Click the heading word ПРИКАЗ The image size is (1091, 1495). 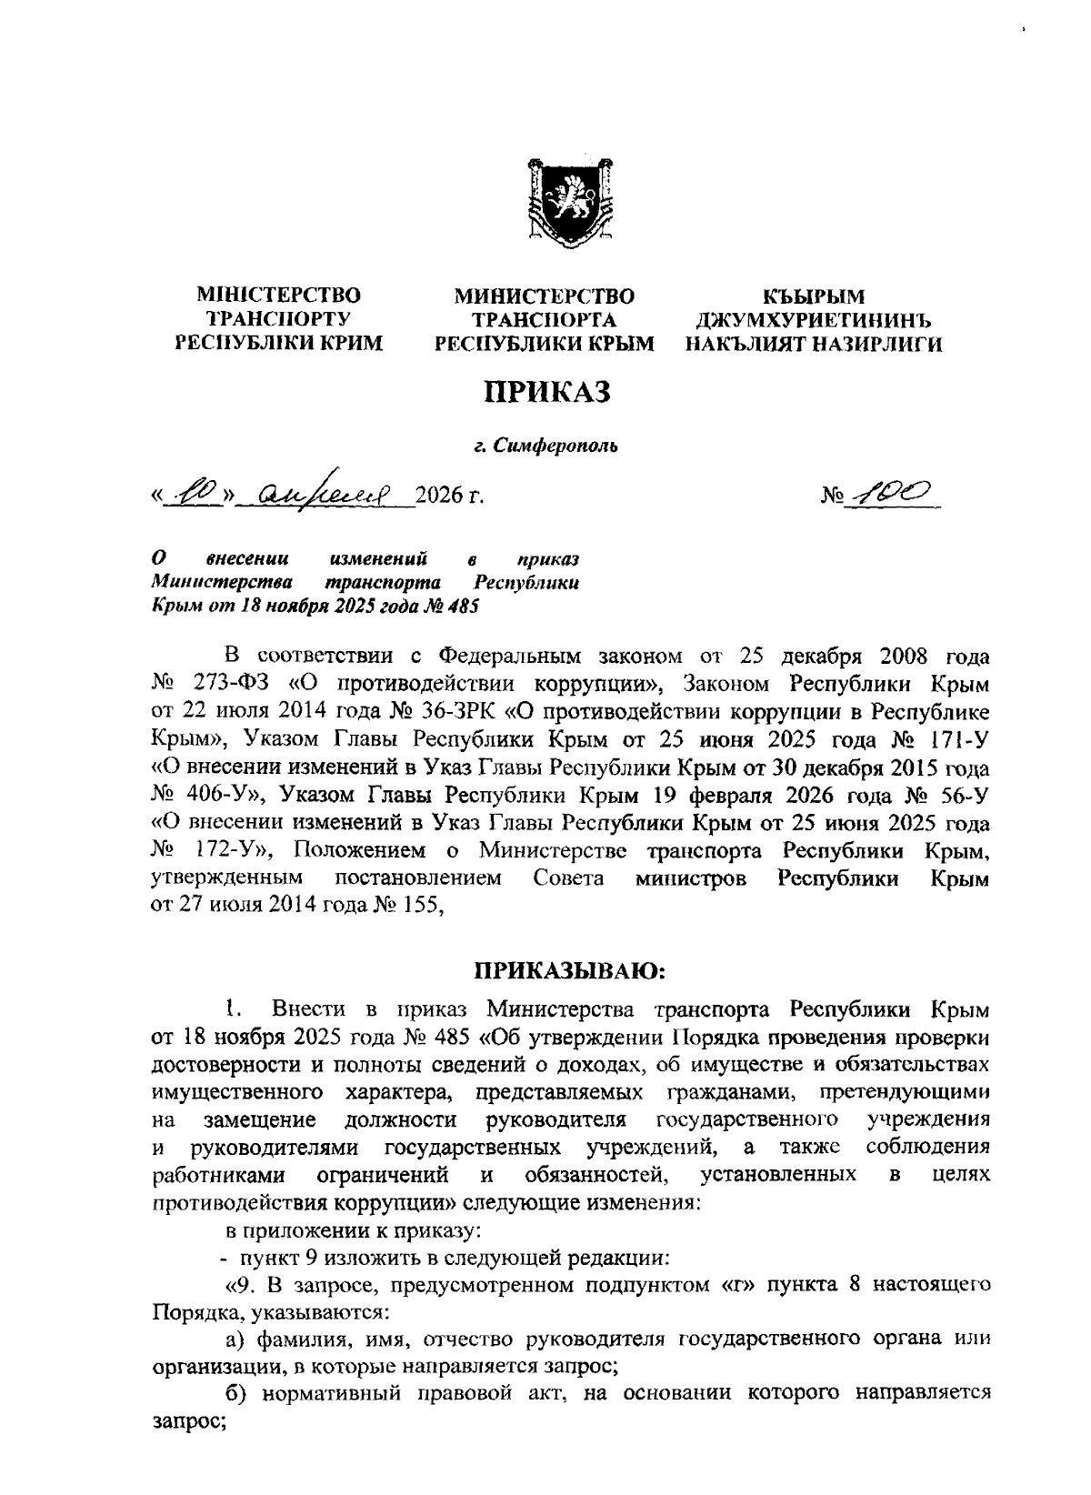pyautogui.click(x=545, y=392)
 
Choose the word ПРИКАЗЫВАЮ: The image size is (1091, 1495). pyautogui.click(x=571, y=972)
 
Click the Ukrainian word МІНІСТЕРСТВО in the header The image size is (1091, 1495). pyautogui.click(x=279, y=296)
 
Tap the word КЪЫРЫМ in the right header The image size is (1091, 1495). pyautogui.click(x=814, y=296)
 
